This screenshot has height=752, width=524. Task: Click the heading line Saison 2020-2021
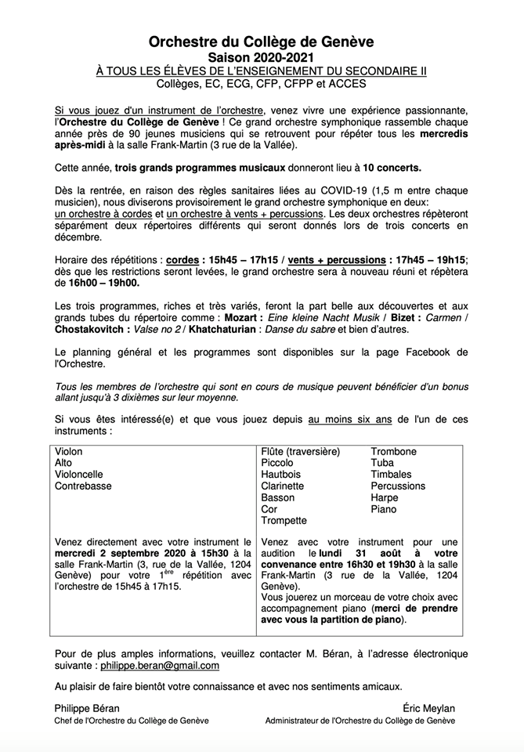pyautogui.click(x=262, y=58)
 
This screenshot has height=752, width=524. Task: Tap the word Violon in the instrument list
pyautogui.click(x=69, y=452)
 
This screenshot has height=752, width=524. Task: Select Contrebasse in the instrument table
pyautogui.click(x=83, y=486)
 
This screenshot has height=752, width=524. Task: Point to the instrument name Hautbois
pyautogui.click(x=281, y=475)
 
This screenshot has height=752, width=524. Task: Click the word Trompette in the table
pyautogui.click(x=284, y=520)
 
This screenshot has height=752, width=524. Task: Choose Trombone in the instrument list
pyautogui.click(x=393, y=452)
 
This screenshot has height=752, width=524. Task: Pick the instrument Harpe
pyautogui.click(x=384, y=497)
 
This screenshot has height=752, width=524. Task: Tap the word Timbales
pyautogui.click(x=391, y=475)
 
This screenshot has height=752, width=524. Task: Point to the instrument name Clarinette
pyautogui.click(x=284, y=486)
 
